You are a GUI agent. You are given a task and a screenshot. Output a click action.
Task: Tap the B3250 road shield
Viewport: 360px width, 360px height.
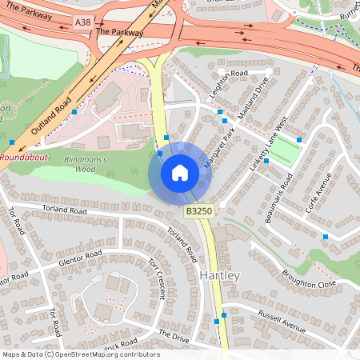click(198, 211)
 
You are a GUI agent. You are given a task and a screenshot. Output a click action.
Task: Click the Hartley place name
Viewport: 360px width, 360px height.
click(218, 275)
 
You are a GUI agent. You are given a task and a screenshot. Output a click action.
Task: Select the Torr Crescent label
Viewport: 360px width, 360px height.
click(155, 279)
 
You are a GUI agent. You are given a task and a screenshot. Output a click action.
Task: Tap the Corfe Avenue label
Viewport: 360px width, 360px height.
click(318, 193)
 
